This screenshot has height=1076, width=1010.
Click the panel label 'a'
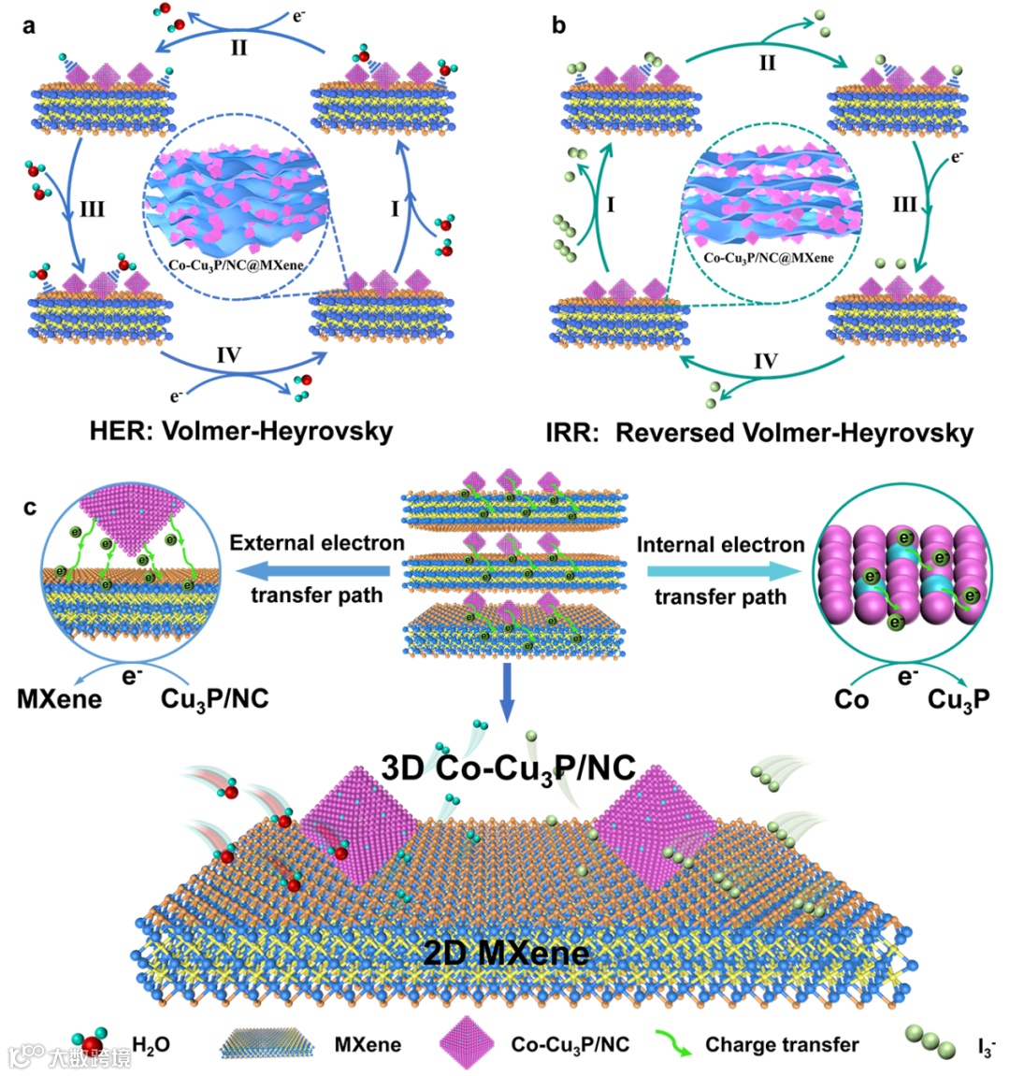point(29,25)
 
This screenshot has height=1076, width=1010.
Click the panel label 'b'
point(558,25)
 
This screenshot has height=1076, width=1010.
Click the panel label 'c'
point(30,508)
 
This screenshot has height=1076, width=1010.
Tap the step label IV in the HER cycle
point(228,355)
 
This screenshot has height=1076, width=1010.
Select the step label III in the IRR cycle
point(904,204)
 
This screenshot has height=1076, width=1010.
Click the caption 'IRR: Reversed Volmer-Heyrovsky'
point(759,434)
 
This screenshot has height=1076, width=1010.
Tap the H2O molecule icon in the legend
point(94,1041)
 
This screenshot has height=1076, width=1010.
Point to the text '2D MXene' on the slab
point(506,952)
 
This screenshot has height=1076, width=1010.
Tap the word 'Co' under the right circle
point(851,698)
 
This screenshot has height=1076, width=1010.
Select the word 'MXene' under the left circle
point(59,698)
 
